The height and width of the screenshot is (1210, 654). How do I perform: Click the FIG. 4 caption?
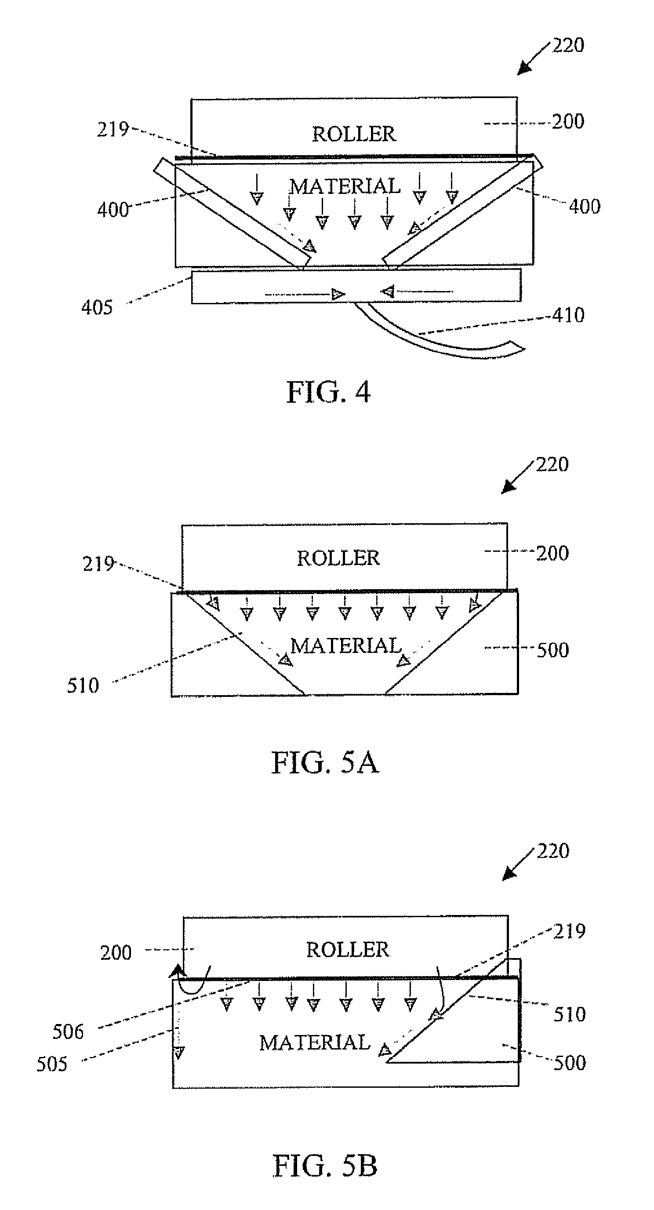(x=328, y=392)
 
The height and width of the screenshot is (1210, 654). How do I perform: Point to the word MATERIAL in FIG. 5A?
(x=346, y=646)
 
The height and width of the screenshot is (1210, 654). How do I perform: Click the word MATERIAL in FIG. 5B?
(x=315, y=1043)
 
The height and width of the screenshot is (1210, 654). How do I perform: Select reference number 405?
(x=97, y=308)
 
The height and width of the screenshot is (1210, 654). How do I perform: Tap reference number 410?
(x=568, y=315)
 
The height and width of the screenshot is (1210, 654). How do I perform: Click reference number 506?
(x=68, y=1032)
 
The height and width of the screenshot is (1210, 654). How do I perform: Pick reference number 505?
(x=52, y=1064)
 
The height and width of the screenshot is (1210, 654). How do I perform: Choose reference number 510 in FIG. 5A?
(x=83, y=686)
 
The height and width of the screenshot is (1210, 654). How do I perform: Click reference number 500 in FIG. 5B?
(x=570, y=1063)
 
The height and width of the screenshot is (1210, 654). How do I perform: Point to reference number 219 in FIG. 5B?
(x=569, y=931)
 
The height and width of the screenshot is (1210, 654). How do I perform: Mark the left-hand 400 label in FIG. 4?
(x=113, y=209)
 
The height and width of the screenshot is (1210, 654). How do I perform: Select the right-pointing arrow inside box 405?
(x=305, y=295)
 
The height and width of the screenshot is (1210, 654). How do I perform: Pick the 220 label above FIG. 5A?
(x=552, y=465)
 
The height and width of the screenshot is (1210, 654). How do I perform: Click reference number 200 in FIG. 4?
(x=567, y=122)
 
